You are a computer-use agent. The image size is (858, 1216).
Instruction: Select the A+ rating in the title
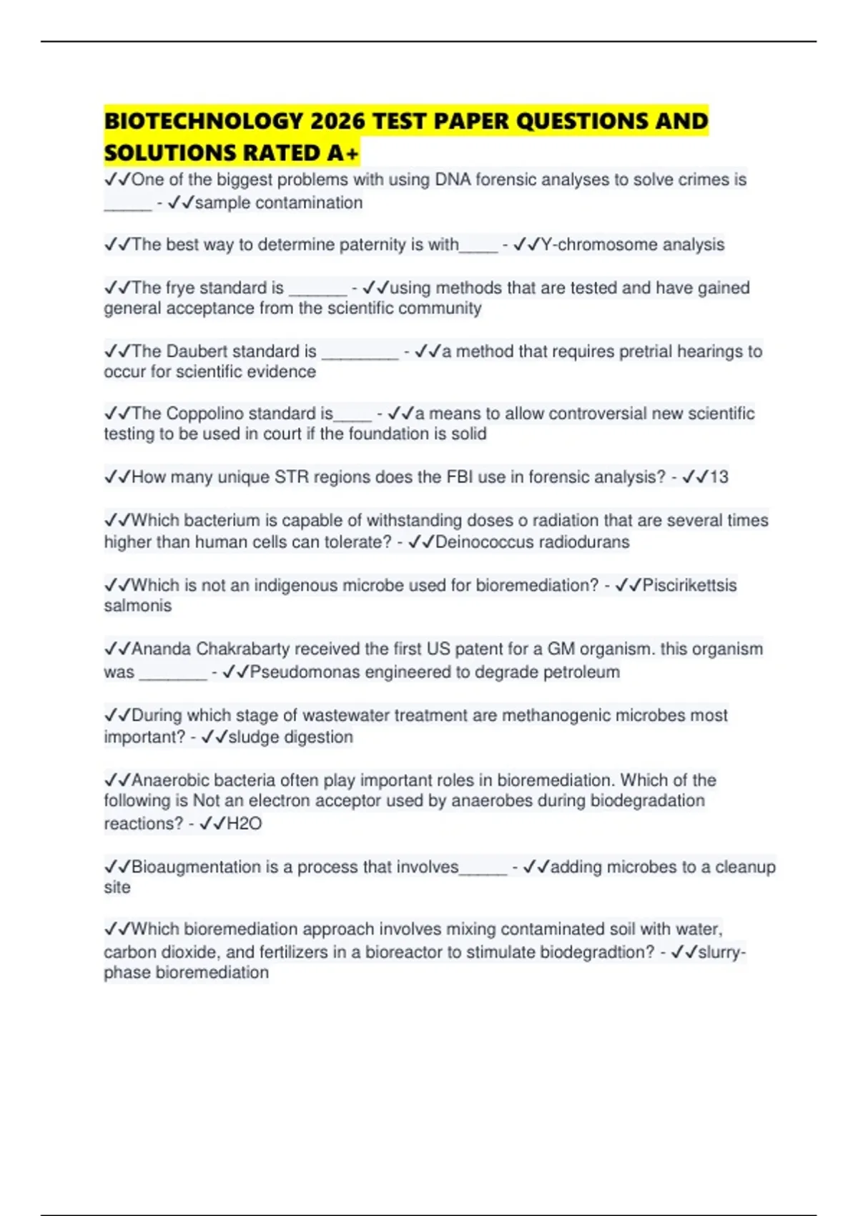coord(344,153)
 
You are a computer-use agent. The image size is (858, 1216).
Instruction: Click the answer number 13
coord(719,477)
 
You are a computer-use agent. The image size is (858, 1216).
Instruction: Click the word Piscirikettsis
coord(689,585)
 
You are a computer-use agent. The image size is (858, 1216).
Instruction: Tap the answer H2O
coord(244,824)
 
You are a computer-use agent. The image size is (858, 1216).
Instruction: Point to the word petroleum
coord(581,672)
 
